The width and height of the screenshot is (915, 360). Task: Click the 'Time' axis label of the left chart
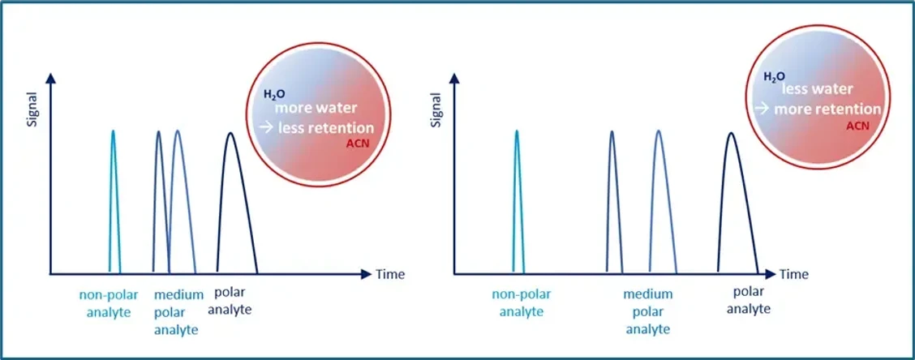point(389,274)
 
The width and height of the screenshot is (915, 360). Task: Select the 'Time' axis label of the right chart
point(794,274)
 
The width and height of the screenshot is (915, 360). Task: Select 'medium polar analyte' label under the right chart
point(647,311)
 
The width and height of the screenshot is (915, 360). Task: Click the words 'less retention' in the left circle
point(325,128)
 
